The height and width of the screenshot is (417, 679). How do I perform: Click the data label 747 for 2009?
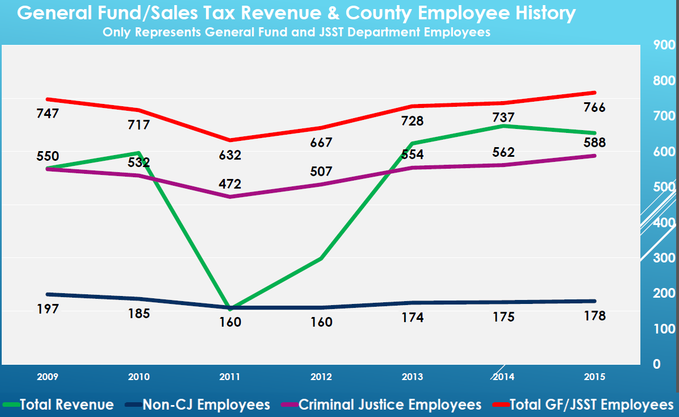(48, 114)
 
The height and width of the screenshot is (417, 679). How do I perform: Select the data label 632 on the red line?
(230, 155)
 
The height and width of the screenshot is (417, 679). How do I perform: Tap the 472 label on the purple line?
(230, 184)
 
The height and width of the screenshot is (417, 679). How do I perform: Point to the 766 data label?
(594, 107)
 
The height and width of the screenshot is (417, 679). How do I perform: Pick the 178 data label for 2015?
(594, 316)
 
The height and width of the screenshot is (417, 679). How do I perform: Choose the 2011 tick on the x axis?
(230, 377)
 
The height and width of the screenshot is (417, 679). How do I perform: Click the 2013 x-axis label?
(412, 377)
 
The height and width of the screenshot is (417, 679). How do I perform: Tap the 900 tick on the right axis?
(664, 45)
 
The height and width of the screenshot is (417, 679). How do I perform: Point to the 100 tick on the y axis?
(664, 328)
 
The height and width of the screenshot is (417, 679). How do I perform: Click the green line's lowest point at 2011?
(230, 308)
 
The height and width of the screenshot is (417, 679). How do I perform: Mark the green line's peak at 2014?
(503, 126)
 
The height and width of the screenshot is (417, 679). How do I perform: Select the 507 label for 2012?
(321, 172)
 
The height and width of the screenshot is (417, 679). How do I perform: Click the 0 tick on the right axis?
(656, 364)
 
